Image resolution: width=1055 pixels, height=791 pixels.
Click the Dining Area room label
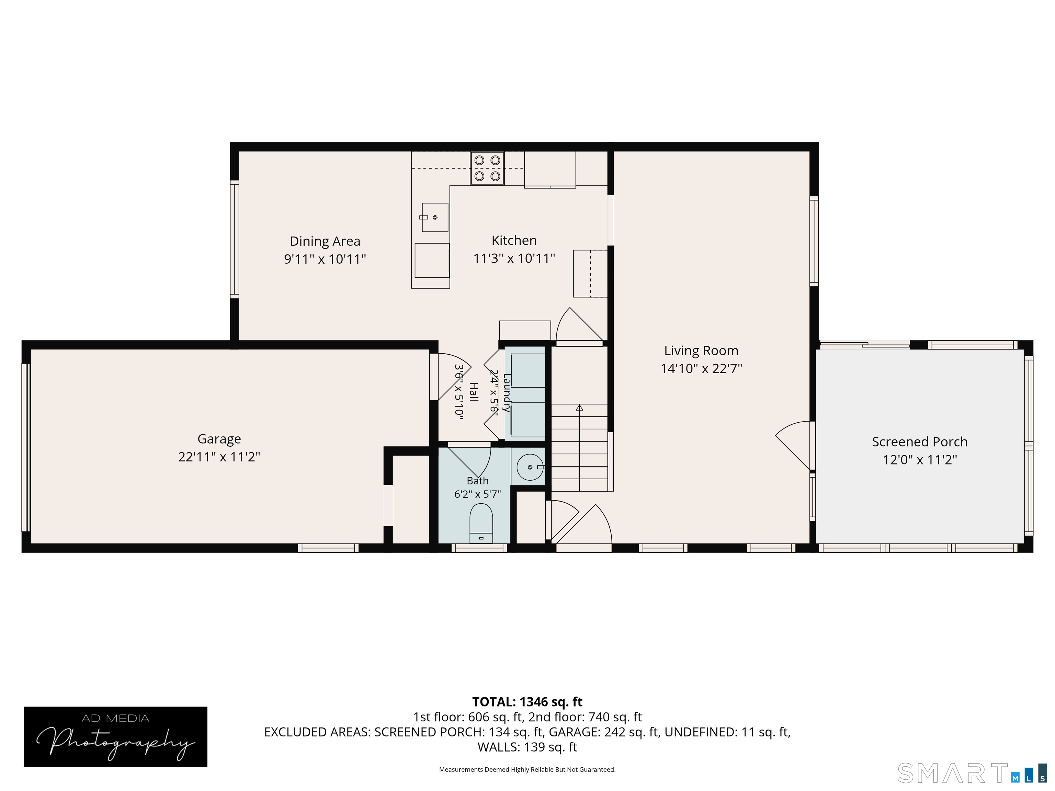point(325,241)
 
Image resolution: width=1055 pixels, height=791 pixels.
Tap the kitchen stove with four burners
point(487,168)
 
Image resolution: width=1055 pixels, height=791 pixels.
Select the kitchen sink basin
point(434,217)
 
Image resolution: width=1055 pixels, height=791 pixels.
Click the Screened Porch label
point(920,442)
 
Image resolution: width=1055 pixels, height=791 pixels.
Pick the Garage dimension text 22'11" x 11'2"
point(219,457)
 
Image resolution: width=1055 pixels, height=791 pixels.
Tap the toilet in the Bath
point(481,524)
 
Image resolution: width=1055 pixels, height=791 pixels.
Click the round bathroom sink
point(530,467)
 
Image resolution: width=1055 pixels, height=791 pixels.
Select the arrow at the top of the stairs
point(579,408)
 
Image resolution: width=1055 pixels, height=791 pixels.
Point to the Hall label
point(474,392)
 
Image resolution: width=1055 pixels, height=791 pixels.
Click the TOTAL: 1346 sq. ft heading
point(527,702)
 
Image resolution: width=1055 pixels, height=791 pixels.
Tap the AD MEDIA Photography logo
point(115,737)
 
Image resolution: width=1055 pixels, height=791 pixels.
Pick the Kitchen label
point(514,240)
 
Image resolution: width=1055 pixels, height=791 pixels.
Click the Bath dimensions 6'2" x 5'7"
point(477,494)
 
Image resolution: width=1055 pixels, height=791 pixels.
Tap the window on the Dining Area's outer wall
point(234,239)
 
